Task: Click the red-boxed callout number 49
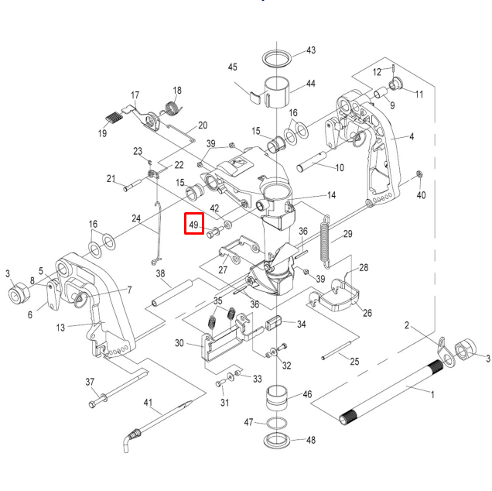click(193, 225)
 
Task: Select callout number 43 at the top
click(311, 50)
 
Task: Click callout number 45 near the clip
click(232, 67)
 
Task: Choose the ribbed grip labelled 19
click(114, 118)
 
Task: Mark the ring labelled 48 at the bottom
click(278, 441)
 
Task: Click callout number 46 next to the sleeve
click(308, 395)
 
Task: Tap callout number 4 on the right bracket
click(412, 137)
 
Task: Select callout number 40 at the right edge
click(421, 195)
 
